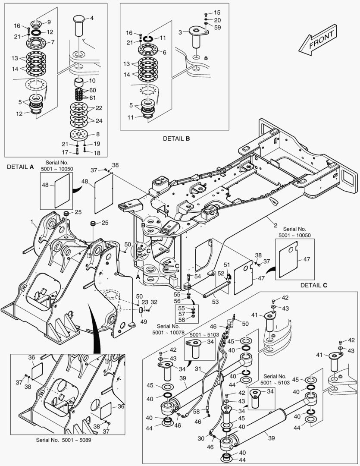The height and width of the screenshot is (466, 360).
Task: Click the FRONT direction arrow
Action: [x=318, y=41]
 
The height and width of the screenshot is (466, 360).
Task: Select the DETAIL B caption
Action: [x=176, y=139]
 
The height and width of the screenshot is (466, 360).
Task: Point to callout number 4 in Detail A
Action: [x=91, y=18]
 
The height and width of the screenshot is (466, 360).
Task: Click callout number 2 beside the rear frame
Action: [x=274, y=225]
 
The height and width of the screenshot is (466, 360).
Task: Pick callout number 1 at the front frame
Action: [x=32, y=222]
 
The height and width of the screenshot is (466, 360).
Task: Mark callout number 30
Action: [x=201, y=438]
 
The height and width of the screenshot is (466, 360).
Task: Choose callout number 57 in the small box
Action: [x=182, y=314]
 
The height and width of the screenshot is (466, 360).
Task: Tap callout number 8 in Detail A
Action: [x=98, y=134]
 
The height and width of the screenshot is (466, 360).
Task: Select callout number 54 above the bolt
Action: [x=197, y=276]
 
